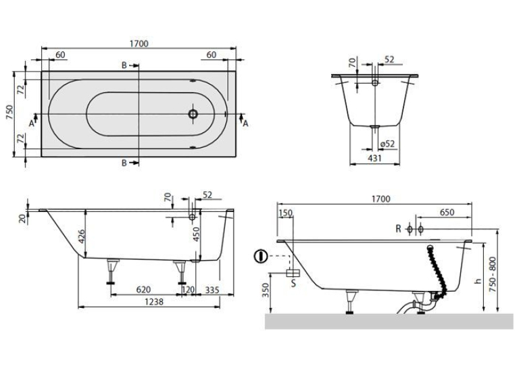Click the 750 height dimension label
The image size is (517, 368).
9,113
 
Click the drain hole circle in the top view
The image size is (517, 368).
193,114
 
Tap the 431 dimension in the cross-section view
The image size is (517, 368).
375,158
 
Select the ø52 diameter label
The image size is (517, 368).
387,144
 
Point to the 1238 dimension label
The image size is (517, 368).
154,301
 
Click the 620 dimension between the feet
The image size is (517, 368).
143,290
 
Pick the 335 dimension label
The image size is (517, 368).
212,290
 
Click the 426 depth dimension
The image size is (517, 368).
81,236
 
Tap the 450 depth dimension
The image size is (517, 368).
197,234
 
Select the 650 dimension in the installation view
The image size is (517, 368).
447,213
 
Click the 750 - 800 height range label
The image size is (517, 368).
493,274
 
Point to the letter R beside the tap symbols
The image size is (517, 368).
398,229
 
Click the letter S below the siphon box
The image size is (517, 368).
293,283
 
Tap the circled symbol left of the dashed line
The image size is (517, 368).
260,256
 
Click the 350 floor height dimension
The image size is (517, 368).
266,290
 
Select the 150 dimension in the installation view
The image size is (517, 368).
286,213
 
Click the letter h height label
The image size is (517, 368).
478,281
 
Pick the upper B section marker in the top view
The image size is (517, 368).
124,65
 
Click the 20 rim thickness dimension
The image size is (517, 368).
22,219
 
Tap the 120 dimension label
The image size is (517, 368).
189,290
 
